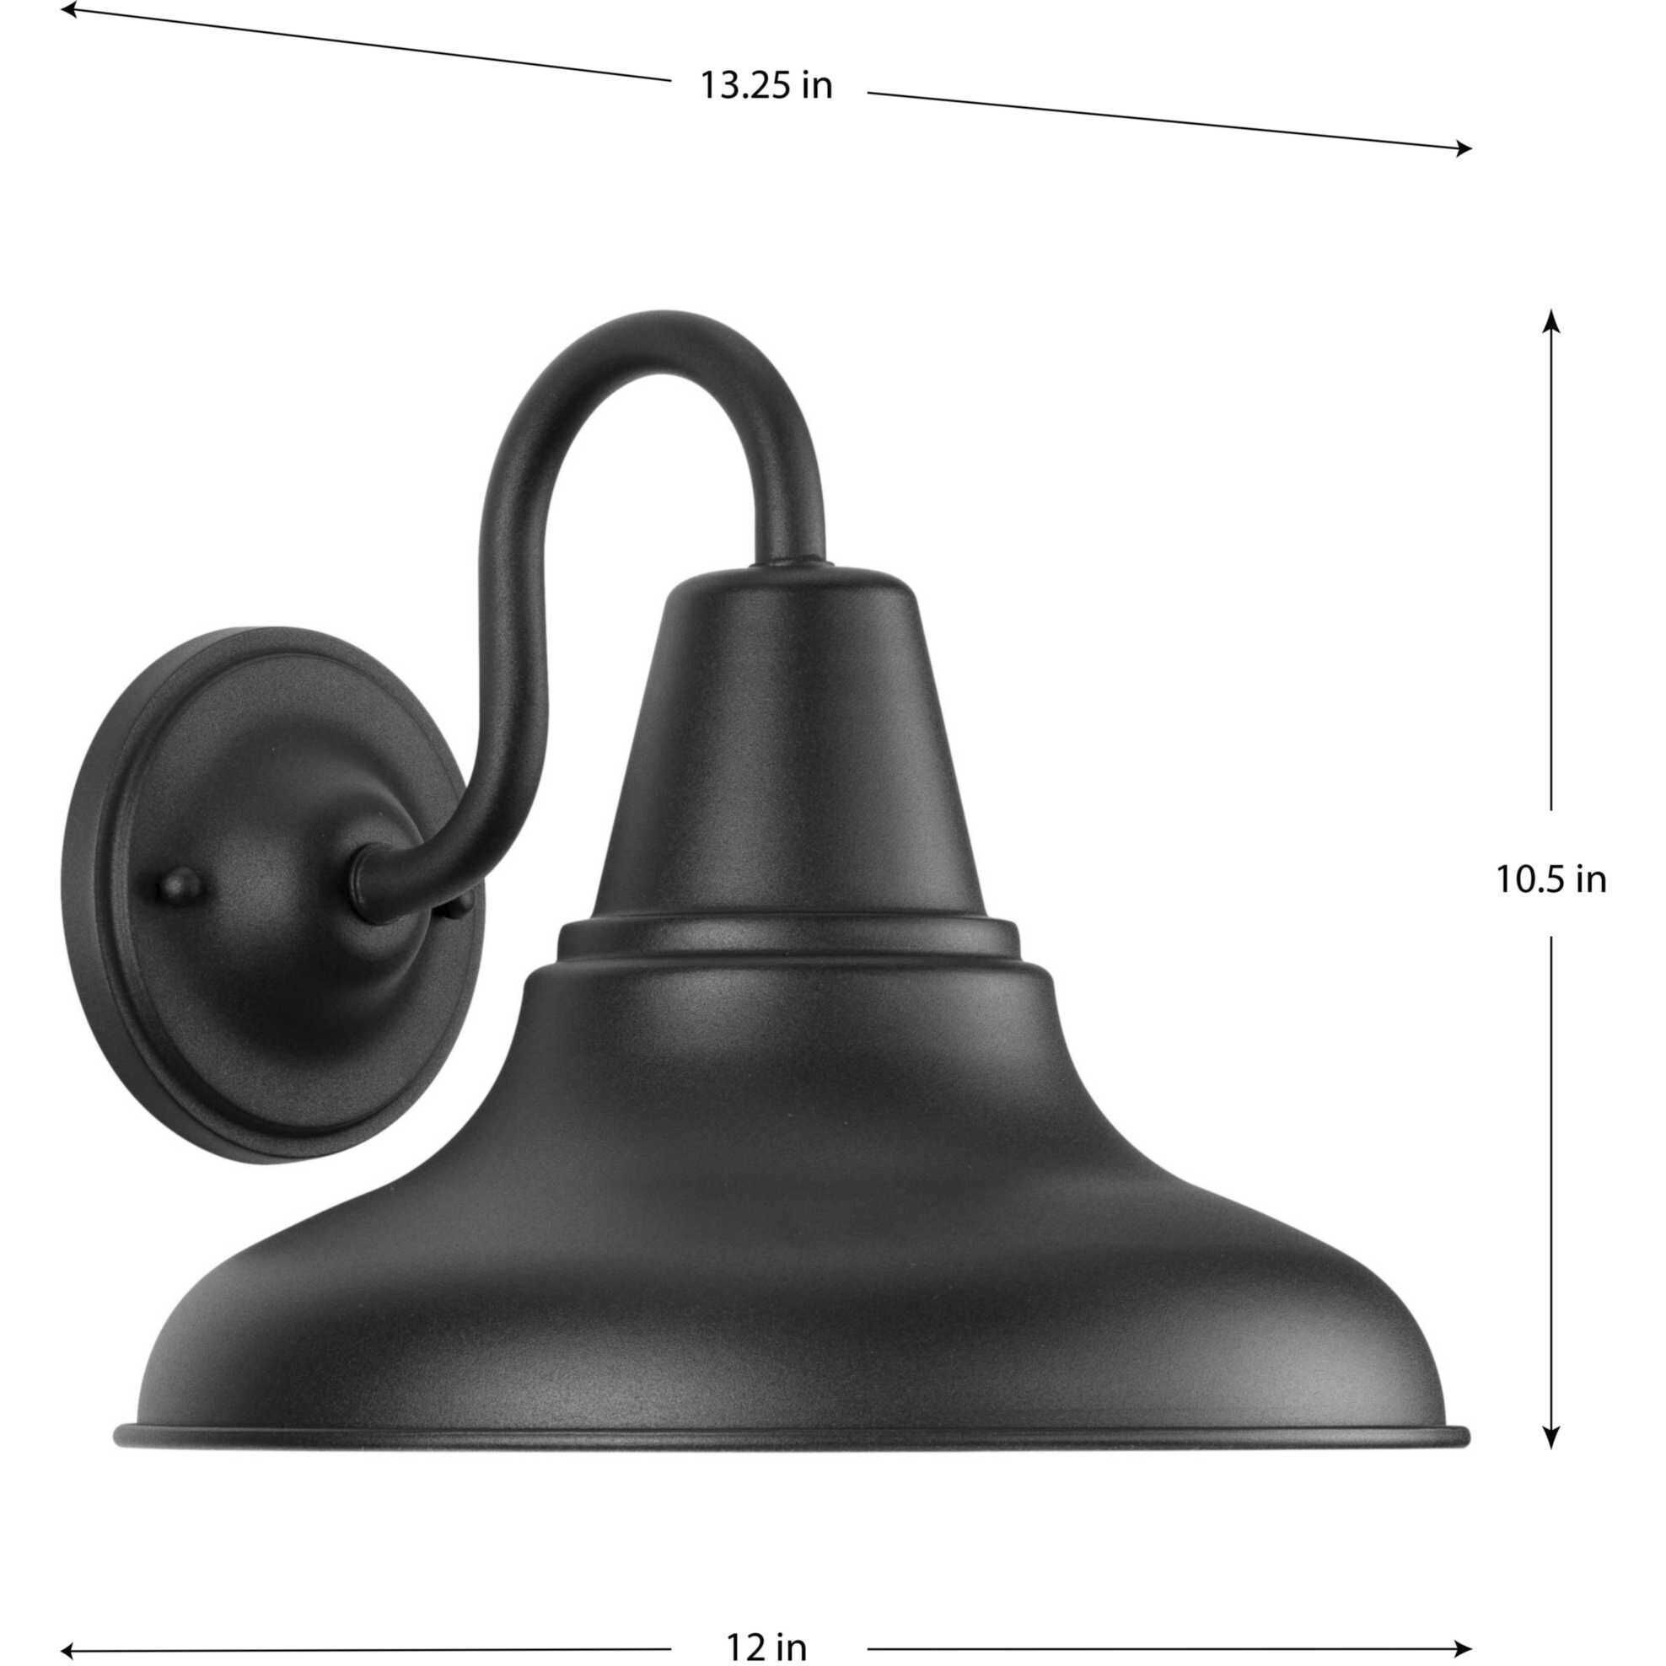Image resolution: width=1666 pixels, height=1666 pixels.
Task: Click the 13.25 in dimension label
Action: pyautogui.click(x=766, y=86)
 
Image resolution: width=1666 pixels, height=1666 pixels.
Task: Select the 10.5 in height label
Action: pyautogui.click(x=1550, y=880)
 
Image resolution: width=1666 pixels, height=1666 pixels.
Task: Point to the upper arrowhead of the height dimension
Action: pyautogui.click(x=1551, y=320)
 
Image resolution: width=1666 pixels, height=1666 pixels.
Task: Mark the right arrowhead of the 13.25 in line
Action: pyautogui.click(x=1463, y=149)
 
